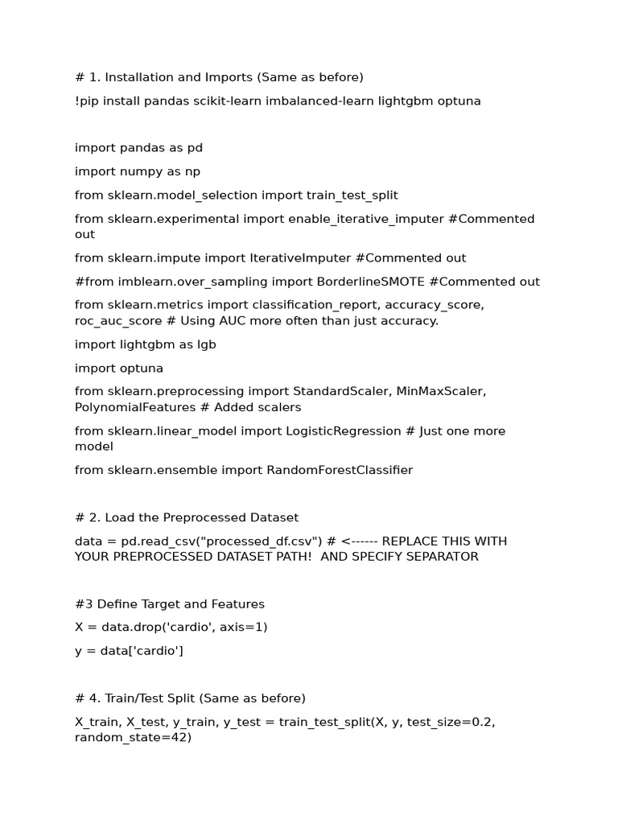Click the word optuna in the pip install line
[459, 101]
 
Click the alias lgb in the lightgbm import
[207, 344]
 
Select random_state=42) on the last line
[134, 737]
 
